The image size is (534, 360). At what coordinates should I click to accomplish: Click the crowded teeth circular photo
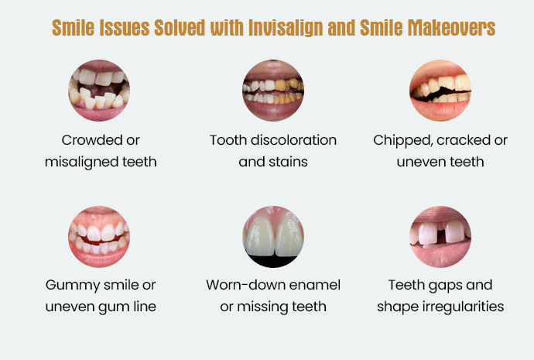click(x=100, y=91)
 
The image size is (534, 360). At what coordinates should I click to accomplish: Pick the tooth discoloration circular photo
click(x=273, y=91)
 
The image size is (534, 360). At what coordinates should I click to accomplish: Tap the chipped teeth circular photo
click(x=440, y=91)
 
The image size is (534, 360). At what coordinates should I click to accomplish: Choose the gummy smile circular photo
click(x=100, y=236)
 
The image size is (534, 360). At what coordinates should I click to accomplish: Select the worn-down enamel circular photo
click(x=273, y=236)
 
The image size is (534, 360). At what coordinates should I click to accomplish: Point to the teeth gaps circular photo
click(x=440, y=236)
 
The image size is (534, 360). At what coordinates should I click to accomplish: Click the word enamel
click(x=316, y=286)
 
